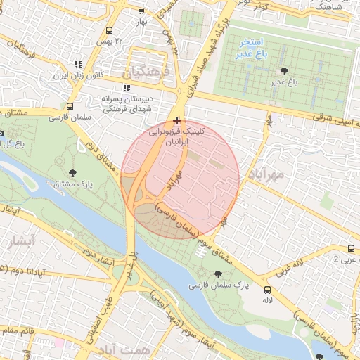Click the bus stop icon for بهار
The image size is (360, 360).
point(141,11)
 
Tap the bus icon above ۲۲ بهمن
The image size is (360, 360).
point(109,30)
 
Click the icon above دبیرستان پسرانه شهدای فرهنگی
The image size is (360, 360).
point(127,89)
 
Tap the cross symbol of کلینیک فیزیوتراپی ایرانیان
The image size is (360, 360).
point(176,121)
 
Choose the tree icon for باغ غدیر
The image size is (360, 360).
point(284,71)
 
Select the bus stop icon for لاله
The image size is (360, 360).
point(266,290)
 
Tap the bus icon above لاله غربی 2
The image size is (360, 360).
point(351,248)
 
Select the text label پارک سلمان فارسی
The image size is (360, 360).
point(219,286)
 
